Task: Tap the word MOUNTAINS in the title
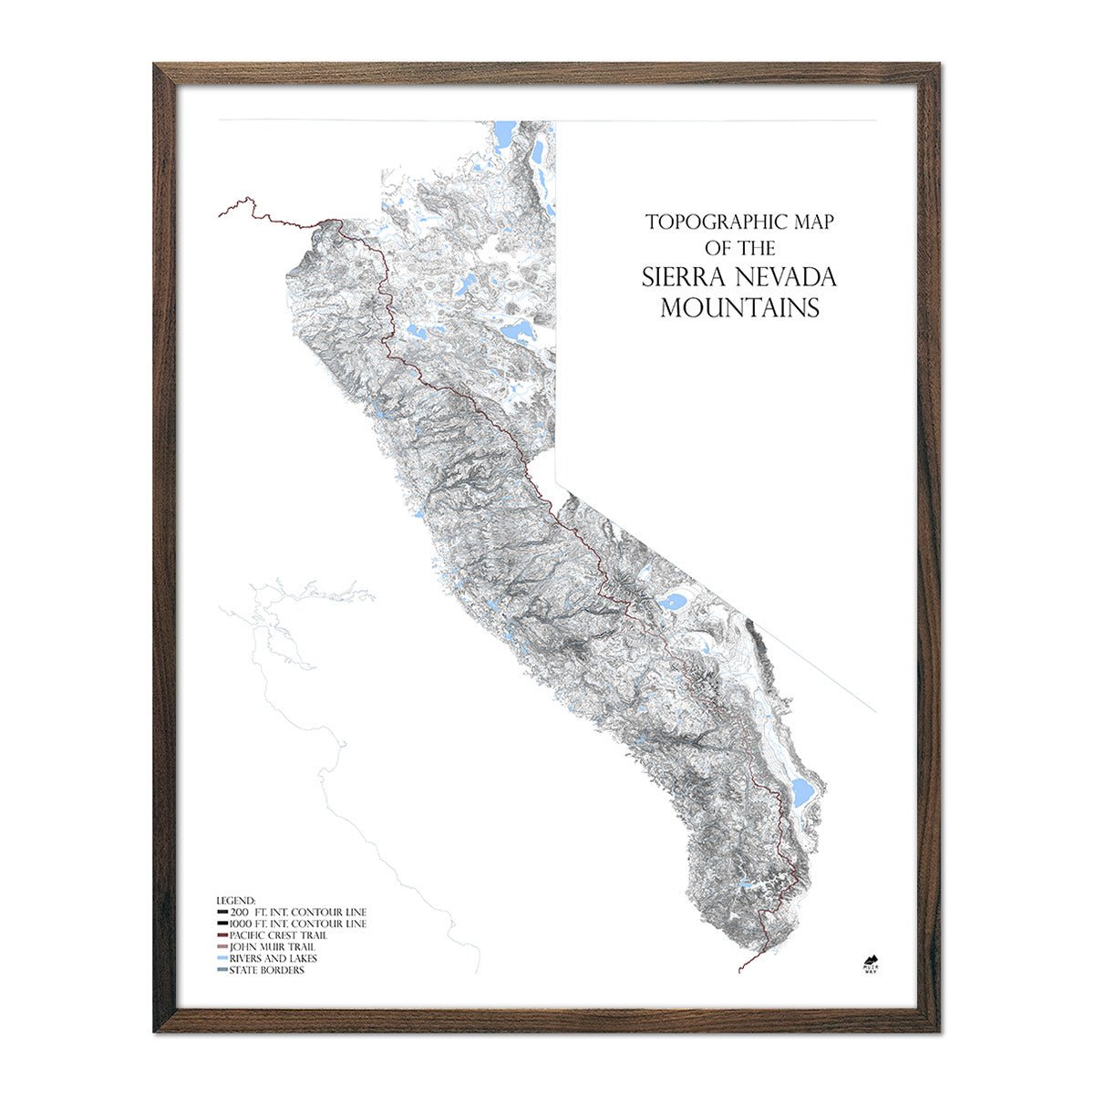coord(739,308)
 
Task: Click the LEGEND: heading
coord(236,900)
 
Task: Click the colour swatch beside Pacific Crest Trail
coord(222,935)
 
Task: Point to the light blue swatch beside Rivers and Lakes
coord(222,959)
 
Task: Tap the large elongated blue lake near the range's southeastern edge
coord(801,793)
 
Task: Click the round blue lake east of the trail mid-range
coord(675,602)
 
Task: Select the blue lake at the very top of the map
coord(502,135)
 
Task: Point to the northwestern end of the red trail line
coord(220,215)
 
